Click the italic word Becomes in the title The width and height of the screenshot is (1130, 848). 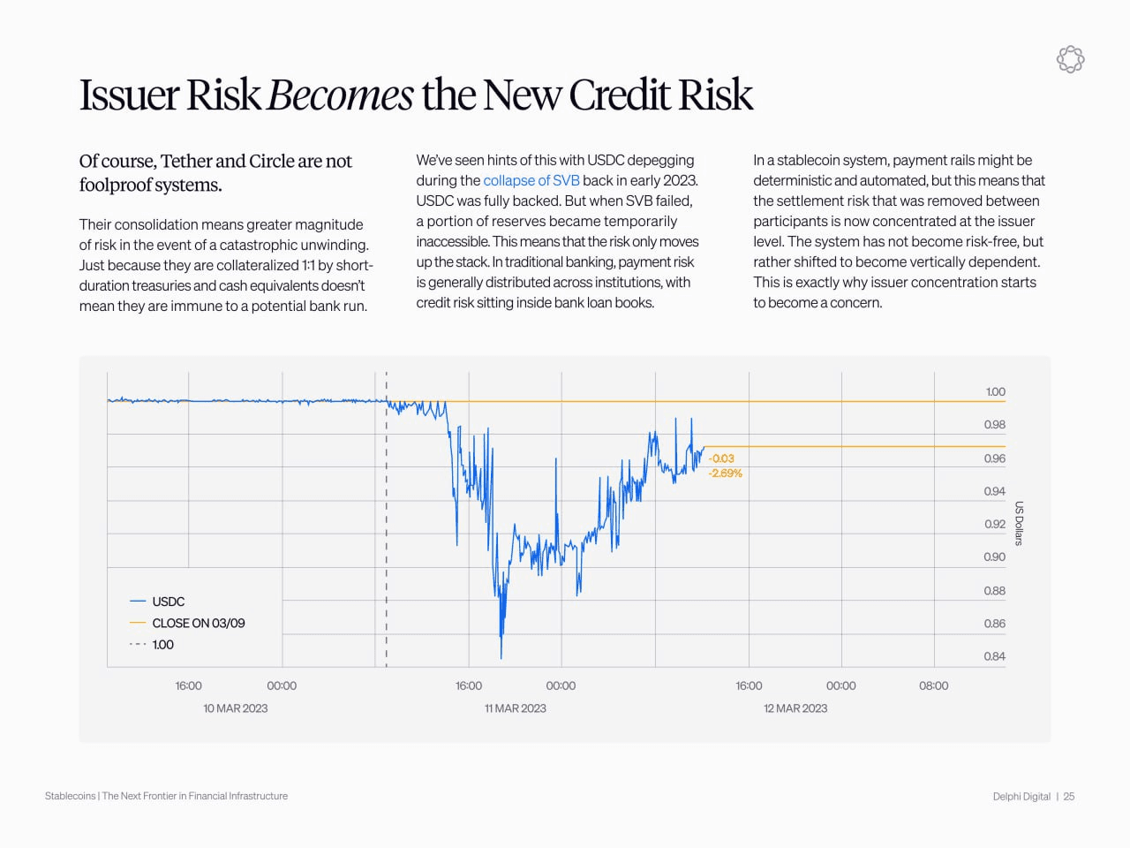coord(340,95)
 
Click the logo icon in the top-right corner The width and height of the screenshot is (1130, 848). coord(1070,59)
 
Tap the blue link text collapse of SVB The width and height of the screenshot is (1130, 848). coord(531,180)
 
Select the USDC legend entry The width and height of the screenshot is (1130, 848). coord(168,602)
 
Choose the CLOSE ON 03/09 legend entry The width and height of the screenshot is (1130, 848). coord(198,623)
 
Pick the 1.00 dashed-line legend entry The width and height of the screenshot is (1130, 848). coord(162,645)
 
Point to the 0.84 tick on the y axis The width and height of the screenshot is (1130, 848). coord(994,656)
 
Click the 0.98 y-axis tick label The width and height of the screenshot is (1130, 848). coord(994,425)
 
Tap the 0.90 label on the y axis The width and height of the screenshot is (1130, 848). coord(994,557)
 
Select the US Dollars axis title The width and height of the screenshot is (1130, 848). coord(1019,524)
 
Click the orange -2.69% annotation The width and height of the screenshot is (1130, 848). coord(725,473)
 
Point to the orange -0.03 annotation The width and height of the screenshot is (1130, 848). coord(721,458)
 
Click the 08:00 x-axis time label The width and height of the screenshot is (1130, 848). coord(933,685)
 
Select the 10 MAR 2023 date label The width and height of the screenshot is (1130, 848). coord(235,708)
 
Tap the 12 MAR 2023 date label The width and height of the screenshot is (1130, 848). coord(795,708)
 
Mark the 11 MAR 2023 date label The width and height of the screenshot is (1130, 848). coord(516,708)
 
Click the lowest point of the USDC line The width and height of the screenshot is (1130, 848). coord(501,657)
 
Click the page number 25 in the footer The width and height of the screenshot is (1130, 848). coord(1069,797)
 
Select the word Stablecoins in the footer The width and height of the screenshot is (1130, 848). coord(70,796)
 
